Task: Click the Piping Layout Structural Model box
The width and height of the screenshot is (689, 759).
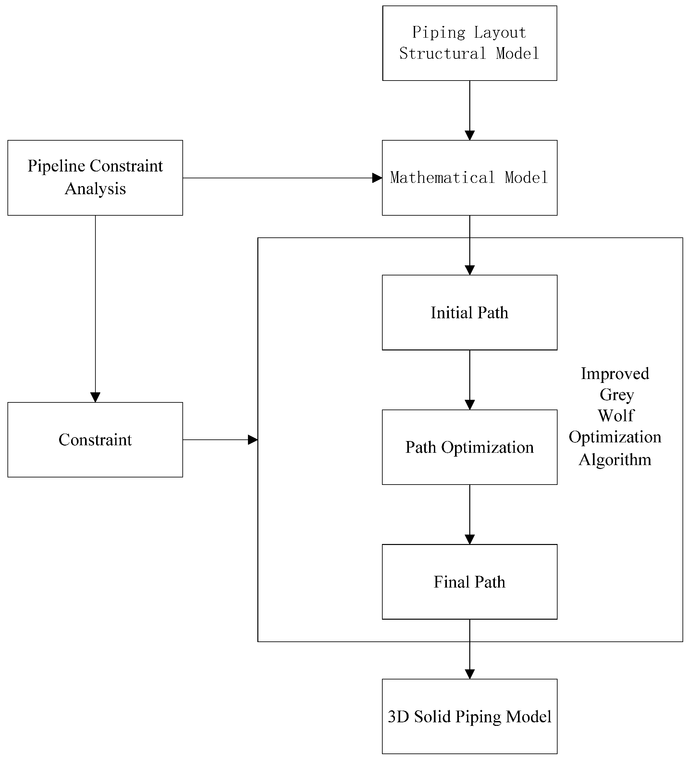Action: pyautogui.click(x=469, y=43)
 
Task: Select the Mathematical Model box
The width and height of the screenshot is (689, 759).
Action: pyautogui.click(x=469, y=178)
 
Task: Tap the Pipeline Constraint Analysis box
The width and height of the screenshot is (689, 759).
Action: pyautogui.click(x=95, y=178)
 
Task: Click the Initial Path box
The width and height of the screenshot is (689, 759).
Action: pyautogui.click(x=469, y=312)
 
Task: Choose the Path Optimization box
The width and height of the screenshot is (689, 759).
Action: pyautogui.click(x=469, y=447)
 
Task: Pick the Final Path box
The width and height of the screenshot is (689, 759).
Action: pyautogui.click(x=469, y=582)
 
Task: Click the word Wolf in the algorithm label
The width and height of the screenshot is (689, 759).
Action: pyautogui.click(x=616, y=416)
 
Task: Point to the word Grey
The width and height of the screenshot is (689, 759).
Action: pyautogui.click(x=616, y=395)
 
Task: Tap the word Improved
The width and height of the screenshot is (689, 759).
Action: pyautogui.click(x=615, y=373)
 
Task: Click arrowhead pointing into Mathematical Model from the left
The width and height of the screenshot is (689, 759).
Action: pyautogui.click(x=377, y=178)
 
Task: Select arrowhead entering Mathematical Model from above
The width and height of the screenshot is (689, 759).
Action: pyautogui.click(x=469, y=135)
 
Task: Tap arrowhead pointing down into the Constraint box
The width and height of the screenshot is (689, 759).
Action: pyautogui.click(x=95, y=397)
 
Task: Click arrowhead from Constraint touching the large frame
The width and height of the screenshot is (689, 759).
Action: pyautogui.click(x=252, y=439)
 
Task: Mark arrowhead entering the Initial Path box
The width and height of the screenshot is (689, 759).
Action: pyautogui.click(x=469, y=270)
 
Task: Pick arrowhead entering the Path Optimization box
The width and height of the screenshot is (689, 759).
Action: pyautogui.click(x=469, y=405)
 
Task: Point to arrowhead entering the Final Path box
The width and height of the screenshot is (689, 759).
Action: pyautogui.click(x=469, y=539)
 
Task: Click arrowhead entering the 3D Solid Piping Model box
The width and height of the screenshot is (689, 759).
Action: pyautogui.click(x=469, y=674)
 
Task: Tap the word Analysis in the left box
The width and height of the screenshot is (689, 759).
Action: pyautogui.click(x=95, y=189)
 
